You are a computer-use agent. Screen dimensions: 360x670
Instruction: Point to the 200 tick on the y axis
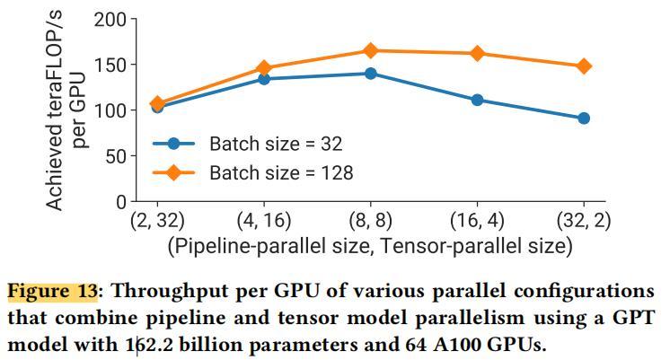[x=111, y=19]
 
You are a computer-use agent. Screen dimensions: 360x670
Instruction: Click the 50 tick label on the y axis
[x=116, y=156]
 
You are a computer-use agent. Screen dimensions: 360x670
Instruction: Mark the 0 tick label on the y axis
[x=121, y=202]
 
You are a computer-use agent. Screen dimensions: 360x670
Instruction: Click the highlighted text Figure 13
[x=51, y=292]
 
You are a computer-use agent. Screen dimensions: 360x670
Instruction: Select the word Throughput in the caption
[x=161, y=292]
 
